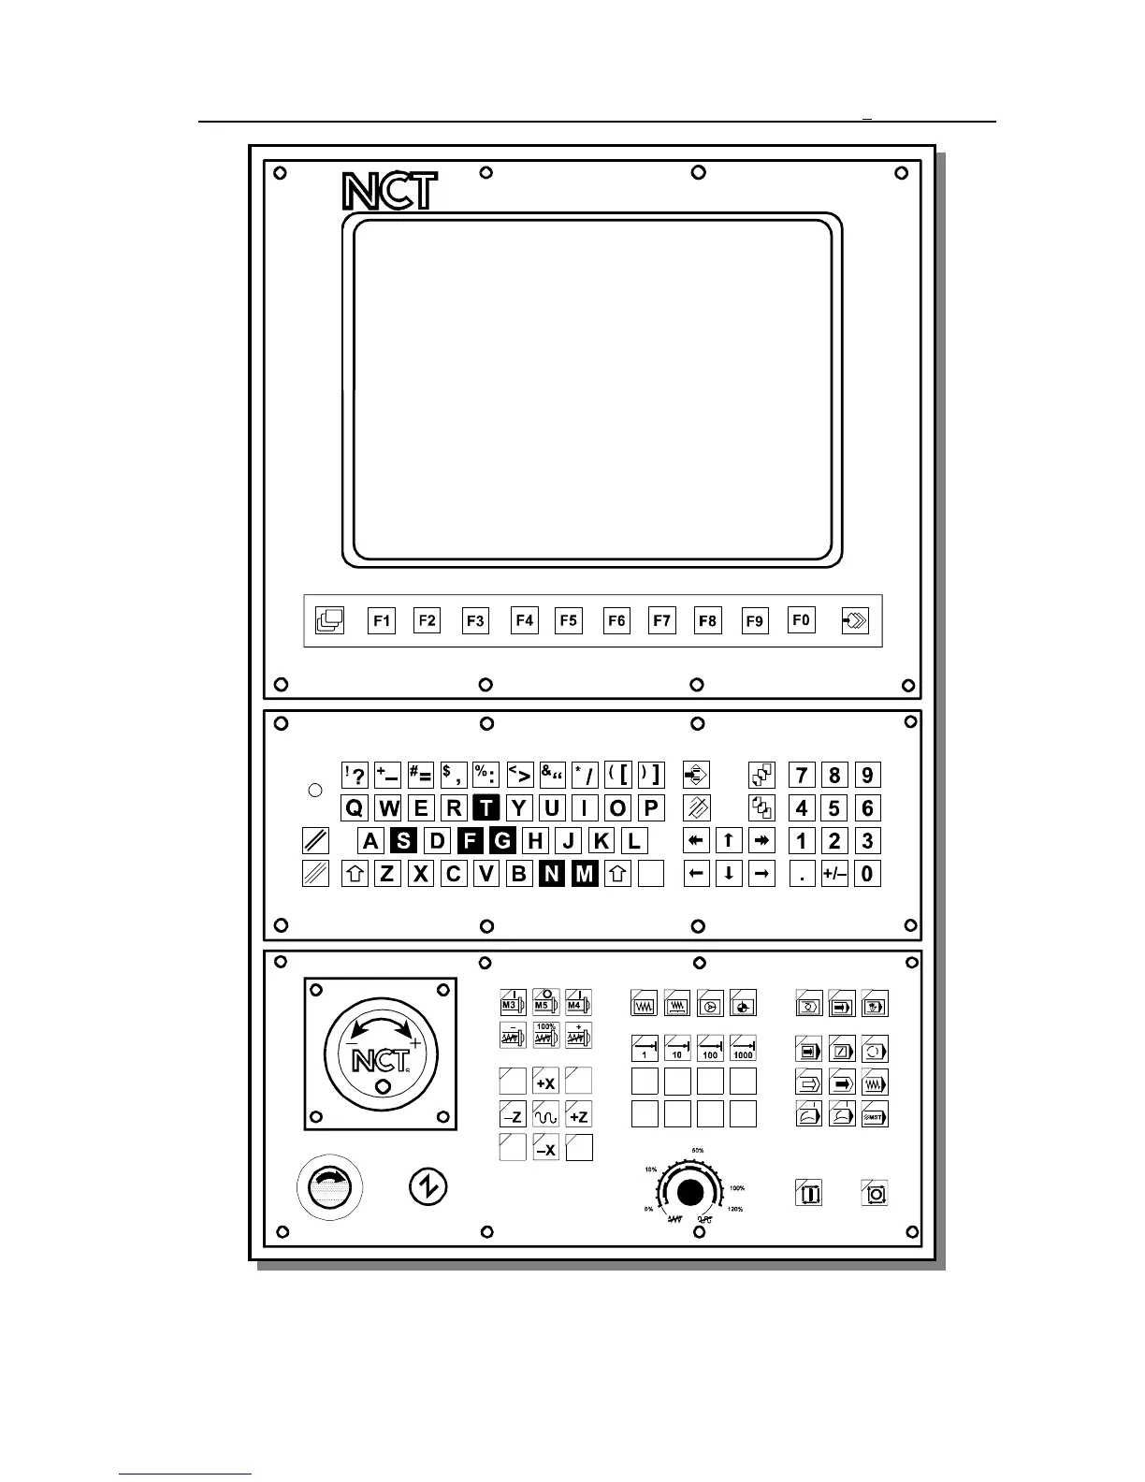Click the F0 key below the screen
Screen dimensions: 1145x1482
(802, 620)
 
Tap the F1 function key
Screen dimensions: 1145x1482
(382, 620)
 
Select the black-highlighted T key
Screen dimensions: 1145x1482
(486, 808)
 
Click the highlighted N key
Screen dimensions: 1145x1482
(552, 875)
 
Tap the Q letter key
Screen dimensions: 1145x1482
(355, 808)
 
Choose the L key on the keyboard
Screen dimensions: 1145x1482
(634, 841)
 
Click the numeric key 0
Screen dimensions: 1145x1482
(868, 875)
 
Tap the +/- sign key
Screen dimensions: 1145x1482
(834, 875)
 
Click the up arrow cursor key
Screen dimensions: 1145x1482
(729, 841)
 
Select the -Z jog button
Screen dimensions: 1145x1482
(513, 1116)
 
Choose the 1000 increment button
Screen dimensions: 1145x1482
(743, 1048)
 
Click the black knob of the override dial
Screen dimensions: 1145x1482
(690, 1193)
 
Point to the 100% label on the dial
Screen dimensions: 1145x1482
(737, 1188)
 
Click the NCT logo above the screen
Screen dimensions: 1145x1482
(389, 192)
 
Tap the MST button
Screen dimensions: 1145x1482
(875, 1115)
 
